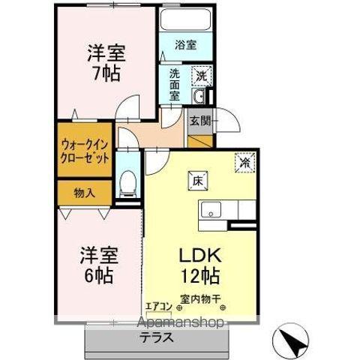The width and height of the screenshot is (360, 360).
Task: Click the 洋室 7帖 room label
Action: pos(105,64)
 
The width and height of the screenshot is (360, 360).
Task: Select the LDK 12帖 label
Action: pos(199,264)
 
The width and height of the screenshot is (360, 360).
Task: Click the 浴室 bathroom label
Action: pos(186,45)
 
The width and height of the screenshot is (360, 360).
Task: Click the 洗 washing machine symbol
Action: pos(200,75)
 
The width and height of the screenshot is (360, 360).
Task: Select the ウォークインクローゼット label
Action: pos(85,151)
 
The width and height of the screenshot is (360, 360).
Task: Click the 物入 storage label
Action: pos(84,193)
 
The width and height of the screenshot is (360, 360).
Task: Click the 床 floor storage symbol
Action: pos(197,180)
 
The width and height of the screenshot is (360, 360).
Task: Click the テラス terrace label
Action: pos(154,337)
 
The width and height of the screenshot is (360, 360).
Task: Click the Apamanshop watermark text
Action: pos(179,322)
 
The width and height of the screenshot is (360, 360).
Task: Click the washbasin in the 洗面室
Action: pos(199,97)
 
